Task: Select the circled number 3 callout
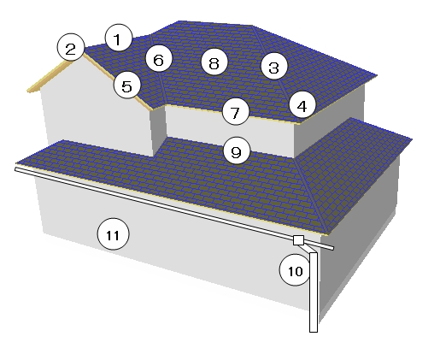click(x=274, y=67)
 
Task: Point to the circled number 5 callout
click(x=127, y=85)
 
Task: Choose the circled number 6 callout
click(x=159, y=59)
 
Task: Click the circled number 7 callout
click(x=236, y=112)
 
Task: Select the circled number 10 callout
click(x=295, y=270)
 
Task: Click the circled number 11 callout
click(x=113, y=234)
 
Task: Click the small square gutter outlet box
click(x=298, y=240)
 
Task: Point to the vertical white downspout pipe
click(x=314, y=292)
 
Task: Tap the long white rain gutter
click(x=173, y=209)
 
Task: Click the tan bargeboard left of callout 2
click(x=49, y=76)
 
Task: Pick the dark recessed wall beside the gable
click(x=159, y=131)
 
